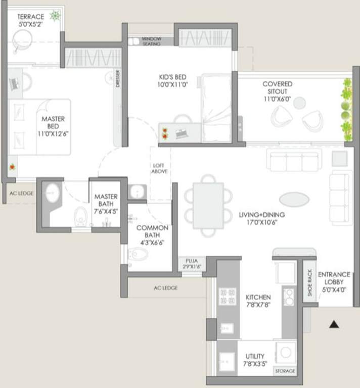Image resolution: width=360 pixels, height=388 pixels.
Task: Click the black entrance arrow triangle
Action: (334, 324)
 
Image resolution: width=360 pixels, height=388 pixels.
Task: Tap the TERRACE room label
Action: (31, 20)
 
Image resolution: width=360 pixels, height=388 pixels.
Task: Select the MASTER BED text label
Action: (53, 126)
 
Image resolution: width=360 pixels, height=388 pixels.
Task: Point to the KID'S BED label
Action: (172, 81)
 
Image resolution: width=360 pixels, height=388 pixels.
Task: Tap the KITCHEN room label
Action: (258, 301)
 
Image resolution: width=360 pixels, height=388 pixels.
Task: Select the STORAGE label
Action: (285, 371)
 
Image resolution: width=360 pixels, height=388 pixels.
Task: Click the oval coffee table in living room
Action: (294, 199)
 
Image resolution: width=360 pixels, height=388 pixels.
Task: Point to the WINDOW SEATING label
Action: (151, 41)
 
